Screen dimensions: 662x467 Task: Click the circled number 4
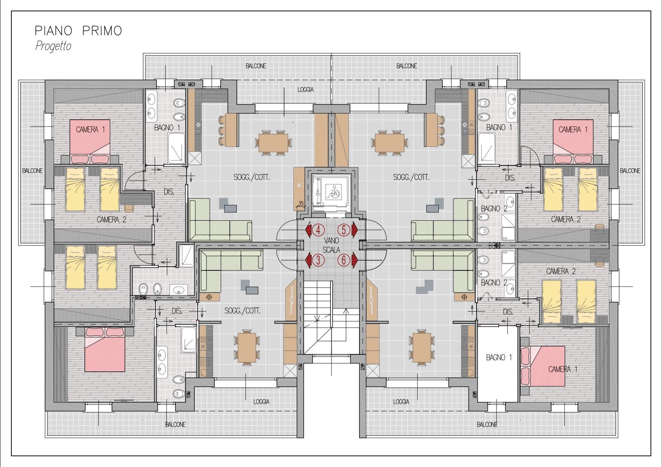[x=318, y=229]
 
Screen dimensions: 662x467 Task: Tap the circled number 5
[x=344, y=229]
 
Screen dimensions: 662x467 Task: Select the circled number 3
[x=318, y=259]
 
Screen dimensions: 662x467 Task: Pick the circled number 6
[x=344, y=259]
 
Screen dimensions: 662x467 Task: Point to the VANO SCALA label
[x=331, y=245]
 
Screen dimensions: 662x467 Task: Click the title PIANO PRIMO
[x=78, y=31]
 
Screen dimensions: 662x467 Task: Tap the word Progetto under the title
[x=53, y=46]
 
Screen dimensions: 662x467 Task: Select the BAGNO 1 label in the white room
[x=499, y=357]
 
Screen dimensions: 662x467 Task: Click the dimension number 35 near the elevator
[x=301, y=204]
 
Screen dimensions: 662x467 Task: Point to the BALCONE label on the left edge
[x=32, y=171]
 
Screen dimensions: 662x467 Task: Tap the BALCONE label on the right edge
[x=630, y=171]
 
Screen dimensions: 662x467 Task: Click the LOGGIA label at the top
[x=306, y=90]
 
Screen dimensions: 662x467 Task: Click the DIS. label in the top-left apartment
[x=169, y=192]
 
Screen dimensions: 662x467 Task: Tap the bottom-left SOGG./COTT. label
[x=243, y=311]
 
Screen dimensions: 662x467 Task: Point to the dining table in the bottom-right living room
[x=420, y=347]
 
